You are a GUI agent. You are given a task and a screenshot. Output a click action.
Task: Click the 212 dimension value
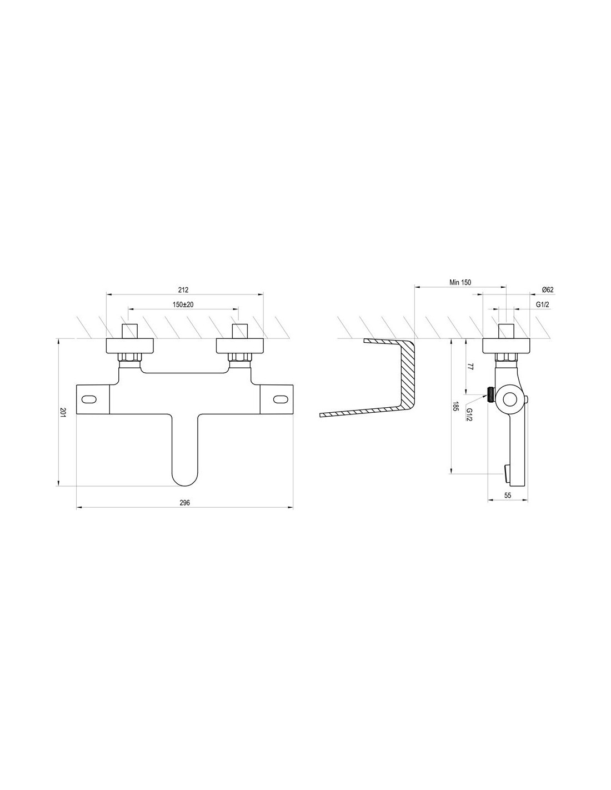point(183,290)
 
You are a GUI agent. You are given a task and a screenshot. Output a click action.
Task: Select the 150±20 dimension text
point(183,304)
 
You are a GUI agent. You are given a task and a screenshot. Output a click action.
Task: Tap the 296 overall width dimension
point(184,503)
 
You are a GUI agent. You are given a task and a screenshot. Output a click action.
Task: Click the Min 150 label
point(460,282)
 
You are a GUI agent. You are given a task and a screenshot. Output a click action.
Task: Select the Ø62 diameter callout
point(547,290)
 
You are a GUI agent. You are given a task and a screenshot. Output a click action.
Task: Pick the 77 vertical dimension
point(470,367)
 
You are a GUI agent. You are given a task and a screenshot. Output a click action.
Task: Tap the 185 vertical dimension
point(454,407)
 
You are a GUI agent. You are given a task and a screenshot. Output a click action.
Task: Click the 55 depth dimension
point(508,495)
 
